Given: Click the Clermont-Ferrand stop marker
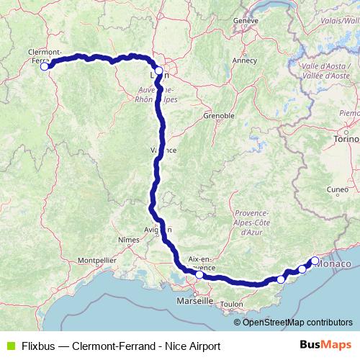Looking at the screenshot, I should pyautogui.click(x=45, y=66).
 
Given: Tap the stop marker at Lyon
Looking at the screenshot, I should pyautogui.click(x=158, y=71).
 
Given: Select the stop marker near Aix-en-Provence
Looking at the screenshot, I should pyautogui.click(x=199, y=274).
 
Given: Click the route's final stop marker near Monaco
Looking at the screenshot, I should pyautogui.click(x=315, y=261).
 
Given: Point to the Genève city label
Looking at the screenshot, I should pyautogui.click(x=246, y=21).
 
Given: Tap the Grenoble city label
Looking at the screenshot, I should pyautogui.click(x=219, y=115).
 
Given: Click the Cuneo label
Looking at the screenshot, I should pyautogui.click(x=337, y=190).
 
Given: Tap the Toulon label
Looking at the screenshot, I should pyautogui.click(x=232, y=305).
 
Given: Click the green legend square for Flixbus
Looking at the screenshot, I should pyautogui.click(x=9, y=346).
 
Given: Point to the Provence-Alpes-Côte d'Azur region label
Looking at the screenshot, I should pyautogui.click(x=251, y=223).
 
